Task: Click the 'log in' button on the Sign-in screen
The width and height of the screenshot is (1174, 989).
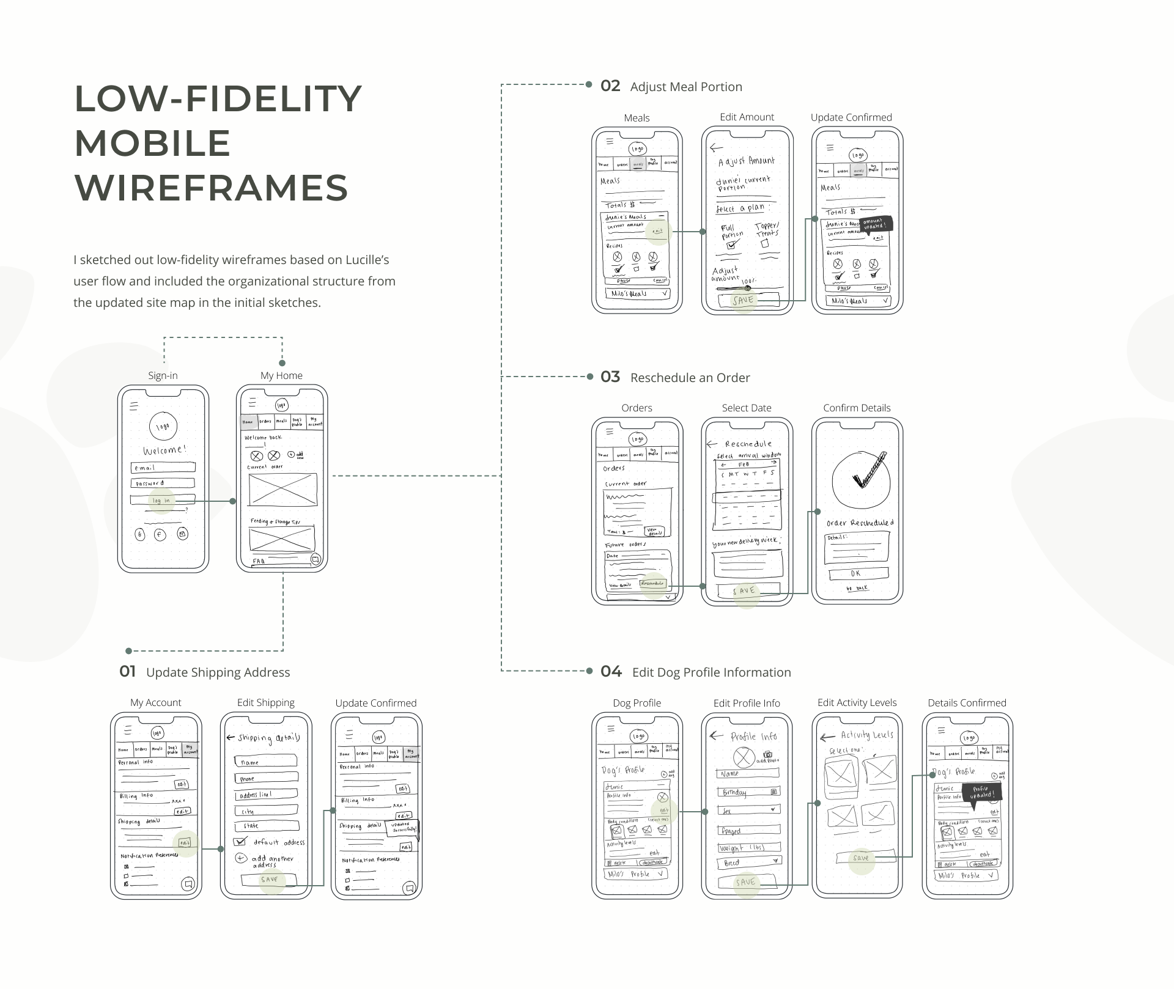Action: point(162,500)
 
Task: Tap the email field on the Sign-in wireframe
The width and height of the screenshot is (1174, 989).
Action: point(163,468)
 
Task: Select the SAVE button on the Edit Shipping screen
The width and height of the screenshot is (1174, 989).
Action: point(269,880)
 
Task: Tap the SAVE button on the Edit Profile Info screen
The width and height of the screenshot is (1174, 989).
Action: point(747,882)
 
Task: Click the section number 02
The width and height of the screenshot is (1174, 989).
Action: point(610,86)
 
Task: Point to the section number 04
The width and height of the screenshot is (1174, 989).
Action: point(611,672)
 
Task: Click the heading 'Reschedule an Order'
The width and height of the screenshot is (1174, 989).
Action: point(690,378)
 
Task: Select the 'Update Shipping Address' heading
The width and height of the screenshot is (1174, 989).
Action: point(218,672)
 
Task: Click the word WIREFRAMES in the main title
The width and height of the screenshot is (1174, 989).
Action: point(211,187)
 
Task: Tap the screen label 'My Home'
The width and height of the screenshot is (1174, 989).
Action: point(281,375)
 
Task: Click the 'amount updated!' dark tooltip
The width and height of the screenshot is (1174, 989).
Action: point(874,224)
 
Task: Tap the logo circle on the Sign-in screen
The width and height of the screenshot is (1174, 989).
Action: point(163,427)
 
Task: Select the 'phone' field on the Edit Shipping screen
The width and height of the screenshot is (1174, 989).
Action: point(267,778)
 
